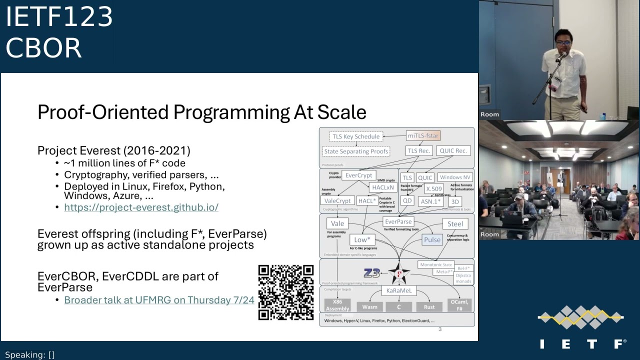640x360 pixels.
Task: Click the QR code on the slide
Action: (286, 292)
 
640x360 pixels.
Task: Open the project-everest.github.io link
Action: (141, 207)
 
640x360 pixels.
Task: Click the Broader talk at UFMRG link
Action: (159, 300)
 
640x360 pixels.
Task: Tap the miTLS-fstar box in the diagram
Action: (423, 135)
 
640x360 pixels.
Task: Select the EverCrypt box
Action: (358, 175)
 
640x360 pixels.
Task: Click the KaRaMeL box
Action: (398, 290)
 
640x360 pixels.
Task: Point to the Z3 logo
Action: (371, 273)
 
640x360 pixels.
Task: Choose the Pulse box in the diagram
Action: (432, 239)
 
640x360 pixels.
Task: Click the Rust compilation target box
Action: (429, 306)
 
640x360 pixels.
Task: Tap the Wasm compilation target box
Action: (369, 306)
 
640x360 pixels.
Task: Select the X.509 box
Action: (433, 189)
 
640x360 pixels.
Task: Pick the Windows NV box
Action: (454, 177)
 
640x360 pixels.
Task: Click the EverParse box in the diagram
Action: (398, 221)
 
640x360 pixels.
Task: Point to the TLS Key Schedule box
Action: (356, 136)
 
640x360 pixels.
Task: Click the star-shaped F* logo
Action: (399, 273)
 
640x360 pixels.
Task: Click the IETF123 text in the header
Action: (59, 17)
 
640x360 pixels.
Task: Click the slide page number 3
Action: (440, 329)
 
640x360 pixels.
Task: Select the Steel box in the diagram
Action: (454, 224)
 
